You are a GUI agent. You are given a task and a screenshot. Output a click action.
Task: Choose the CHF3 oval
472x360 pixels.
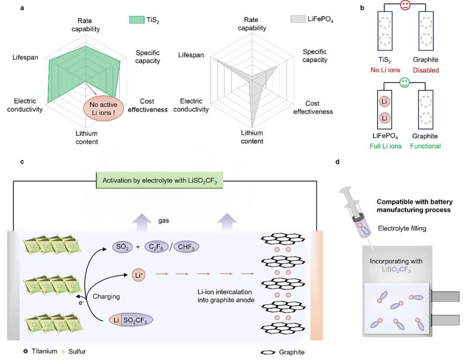(186, 247)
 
